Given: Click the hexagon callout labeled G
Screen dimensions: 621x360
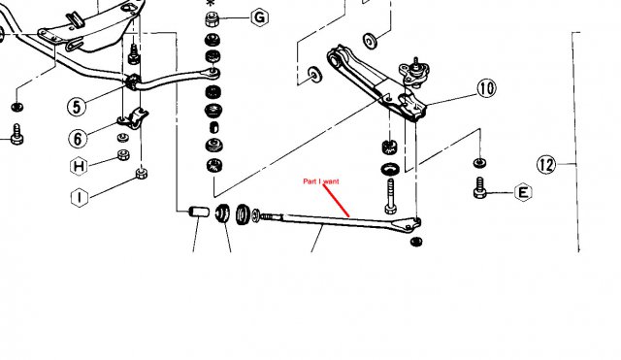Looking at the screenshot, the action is (259, 17).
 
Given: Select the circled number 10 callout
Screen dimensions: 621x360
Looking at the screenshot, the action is (486, 88).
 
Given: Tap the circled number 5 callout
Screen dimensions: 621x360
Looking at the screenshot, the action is (77, 107).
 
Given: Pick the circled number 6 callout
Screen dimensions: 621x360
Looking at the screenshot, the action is (78, 139).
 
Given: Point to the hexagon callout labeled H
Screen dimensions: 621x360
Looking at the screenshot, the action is (79, 166).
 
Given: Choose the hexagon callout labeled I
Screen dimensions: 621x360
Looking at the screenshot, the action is (80, 197).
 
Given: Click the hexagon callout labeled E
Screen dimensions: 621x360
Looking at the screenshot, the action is (523, 192).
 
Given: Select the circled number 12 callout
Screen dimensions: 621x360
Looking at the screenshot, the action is (546, 164).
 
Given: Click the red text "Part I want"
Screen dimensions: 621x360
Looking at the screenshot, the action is (321, 181).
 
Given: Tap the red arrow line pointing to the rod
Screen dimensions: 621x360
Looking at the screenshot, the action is (337, 201).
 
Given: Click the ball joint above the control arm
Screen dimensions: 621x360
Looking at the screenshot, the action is (414, 71).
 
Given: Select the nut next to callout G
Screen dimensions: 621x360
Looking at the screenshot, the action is (212, 19).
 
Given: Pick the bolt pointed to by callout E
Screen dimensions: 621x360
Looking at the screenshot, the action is (479, 187).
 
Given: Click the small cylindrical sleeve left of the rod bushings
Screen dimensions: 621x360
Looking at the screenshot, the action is (199, 212).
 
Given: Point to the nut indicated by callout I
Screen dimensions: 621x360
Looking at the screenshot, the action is (142, 173).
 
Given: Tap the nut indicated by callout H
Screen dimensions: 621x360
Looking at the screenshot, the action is (123, 154).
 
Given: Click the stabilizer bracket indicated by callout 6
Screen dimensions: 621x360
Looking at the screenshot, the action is (134, 118).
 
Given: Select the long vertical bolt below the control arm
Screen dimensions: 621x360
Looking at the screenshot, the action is (390, 196).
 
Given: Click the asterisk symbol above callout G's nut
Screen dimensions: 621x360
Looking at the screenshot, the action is (211, 3).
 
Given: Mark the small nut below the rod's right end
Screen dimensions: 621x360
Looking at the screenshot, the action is (416, 242).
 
